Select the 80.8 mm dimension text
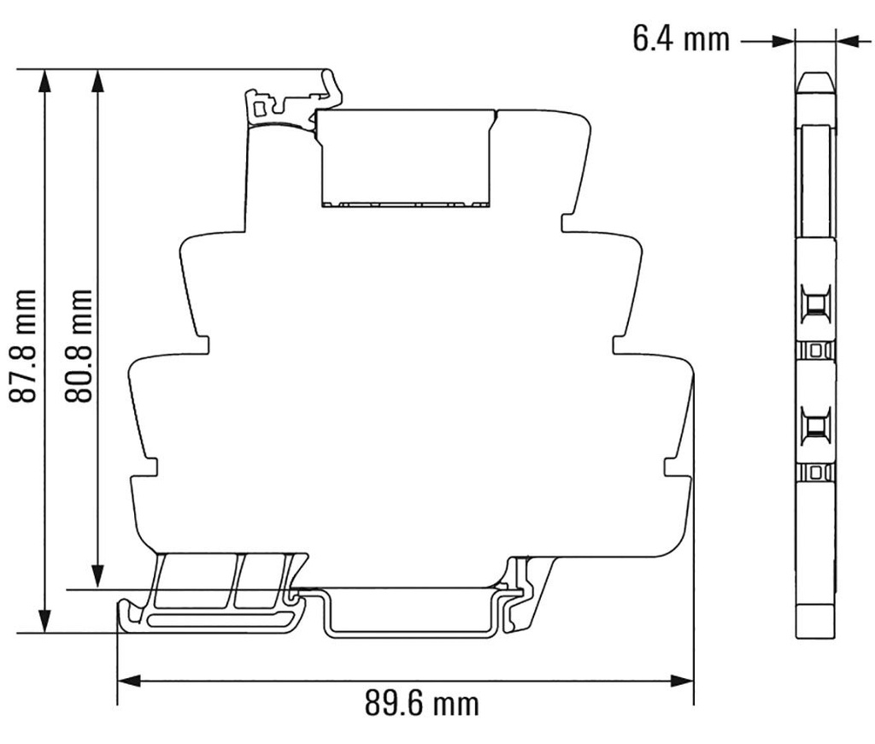point(79,345)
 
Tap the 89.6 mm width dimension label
point(421,705)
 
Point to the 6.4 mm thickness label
point(681,38)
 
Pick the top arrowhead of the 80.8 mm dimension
point(98,80)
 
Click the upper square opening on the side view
point(816,304)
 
